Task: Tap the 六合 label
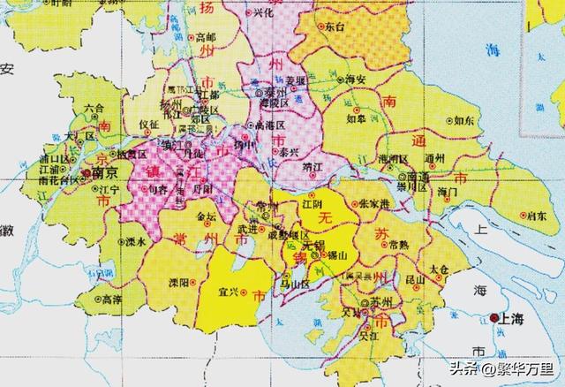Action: coord(94,109)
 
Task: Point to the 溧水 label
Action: coord(134,239)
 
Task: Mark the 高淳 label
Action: coord(113,300)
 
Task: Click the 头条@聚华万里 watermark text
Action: coord(504,368)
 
